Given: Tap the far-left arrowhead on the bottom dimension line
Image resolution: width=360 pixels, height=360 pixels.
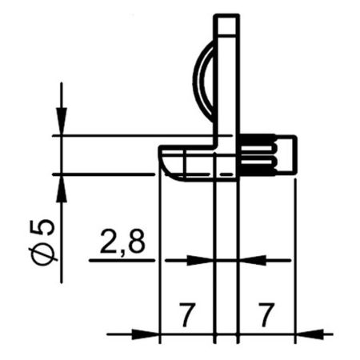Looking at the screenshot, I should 149,333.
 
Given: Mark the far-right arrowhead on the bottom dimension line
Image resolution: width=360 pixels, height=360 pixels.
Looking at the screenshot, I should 309,333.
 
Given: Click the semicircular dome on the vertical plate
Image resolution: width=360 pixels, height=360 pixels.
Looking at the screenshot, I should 204,80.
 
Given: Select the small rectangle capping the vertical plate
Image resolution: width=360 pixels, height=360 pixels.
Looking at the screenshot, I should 226,26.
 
